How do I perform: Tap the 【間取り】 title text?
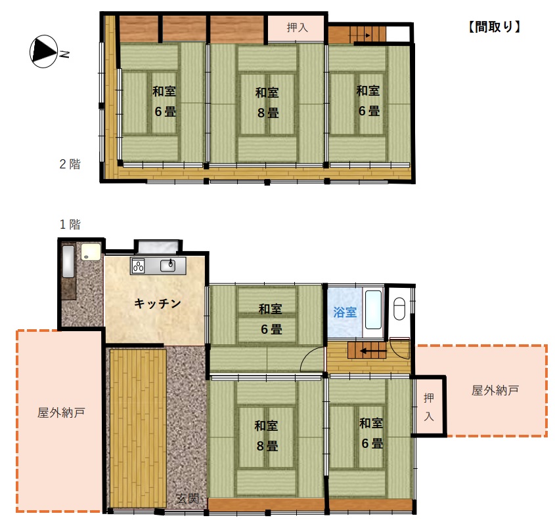point(495,27)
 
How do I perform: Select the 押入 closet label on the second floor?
point(297,28)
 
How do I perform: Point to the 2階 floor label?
point(70,164)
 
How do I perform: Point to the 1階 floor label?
point(70,224)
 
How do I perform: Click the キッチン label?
point(157,303)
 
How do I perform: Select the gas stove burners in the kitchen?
point(139,266)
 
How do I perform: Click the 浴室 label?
point(345,312)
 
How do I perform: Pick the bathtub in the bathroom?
point(374,310)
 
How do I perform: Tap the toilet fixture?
point(399,308)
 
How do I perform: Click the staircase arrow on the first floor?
point(367,351)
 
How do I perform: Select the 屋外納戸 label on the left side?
point(60,413)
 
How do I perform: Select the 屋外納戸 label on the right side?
point(495,391)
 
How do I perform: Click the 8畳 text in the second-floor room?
point(267,113)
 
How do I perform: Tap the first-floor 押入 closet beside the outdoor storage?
point(429,407)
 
